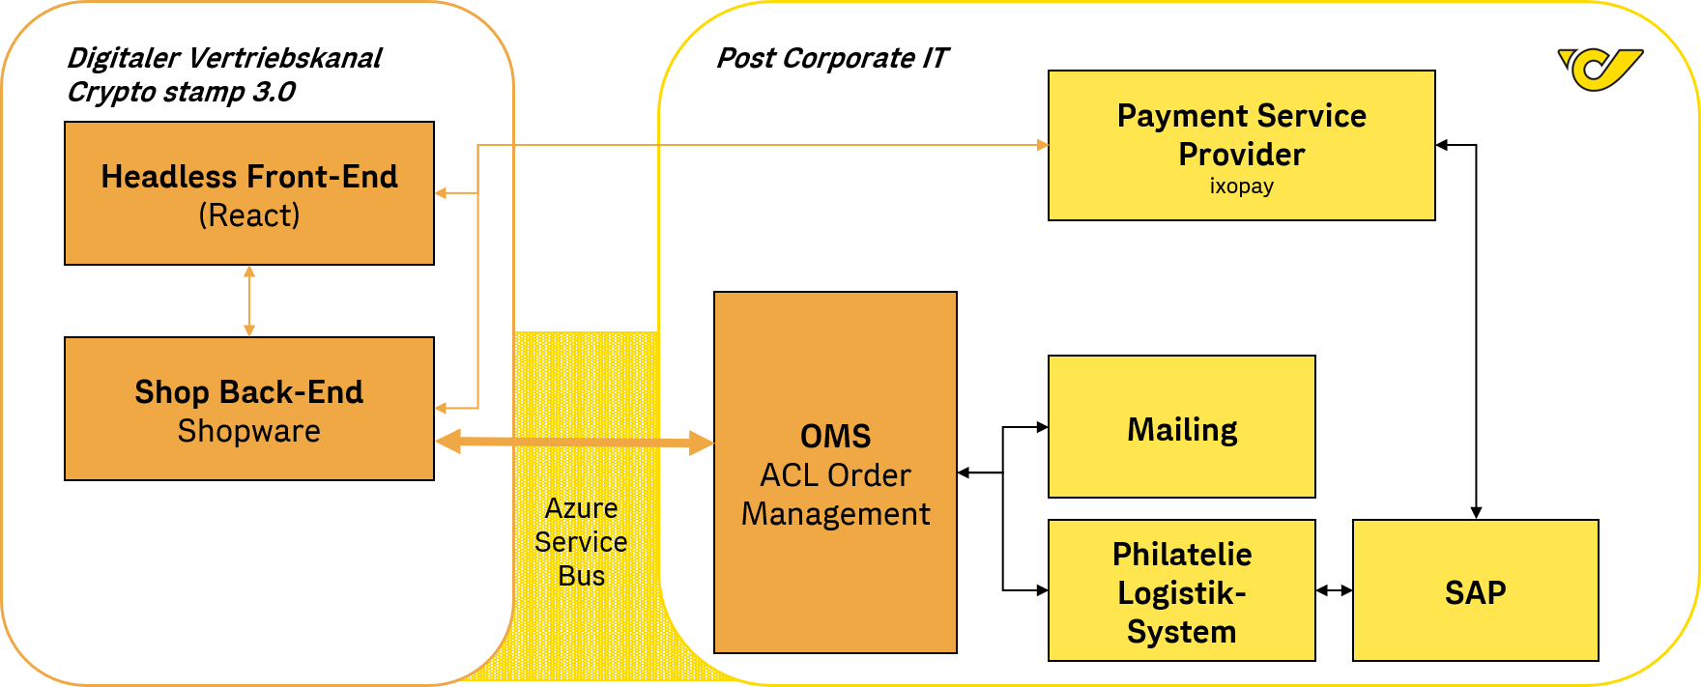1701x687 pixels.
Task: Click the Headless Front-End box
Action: (x=249, y=193)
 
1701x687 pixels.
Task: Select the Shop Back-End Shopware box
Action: (x=249, y=409)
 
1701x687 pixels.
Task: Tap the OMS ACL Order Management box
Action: (x=835, y=472)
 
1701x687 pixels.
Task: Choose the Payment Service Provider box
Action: (x=1241, y=145)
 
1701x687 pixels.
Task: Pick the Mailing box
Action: (x=1181, y=427)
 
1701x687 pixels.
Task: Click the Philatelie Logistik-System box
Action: (x=1181, y=590)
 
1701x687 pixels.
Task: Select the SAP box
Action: (x=1475, y=590)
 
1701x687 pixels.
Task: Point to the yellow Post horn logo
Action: (x=1600, y=69)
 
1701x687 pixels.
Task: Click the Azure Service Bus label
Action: (x=581, y=541)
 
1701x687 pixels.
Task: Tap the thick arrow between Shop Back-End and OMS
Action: (x=574, y=443)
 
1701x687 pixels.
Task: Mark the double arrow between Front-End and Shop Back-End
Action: (x=249, y=301)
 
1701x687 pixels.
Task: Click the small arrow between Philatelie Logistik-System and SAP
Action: (x=1334, y=590)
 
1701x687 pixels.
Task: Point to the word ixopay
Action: (x=1241, y=186)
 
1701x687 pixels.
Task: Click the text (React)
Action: (x=249, y=215)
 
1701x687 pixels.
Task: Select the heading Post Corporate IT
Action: (x=831, y=58)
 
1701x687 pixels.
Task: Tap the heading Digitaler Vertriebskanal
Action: (x=224, y=58)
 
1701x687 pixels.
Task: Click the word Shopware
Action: (x=249, y=431)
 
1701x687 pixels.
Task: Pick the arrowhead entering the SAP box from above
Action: (x=1476, y=513)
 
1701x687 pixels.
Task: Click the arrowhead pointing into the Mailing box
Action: (x=1042, y=427)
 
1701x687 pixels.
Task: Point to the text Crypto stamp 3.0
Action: (x=181, y=92)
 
